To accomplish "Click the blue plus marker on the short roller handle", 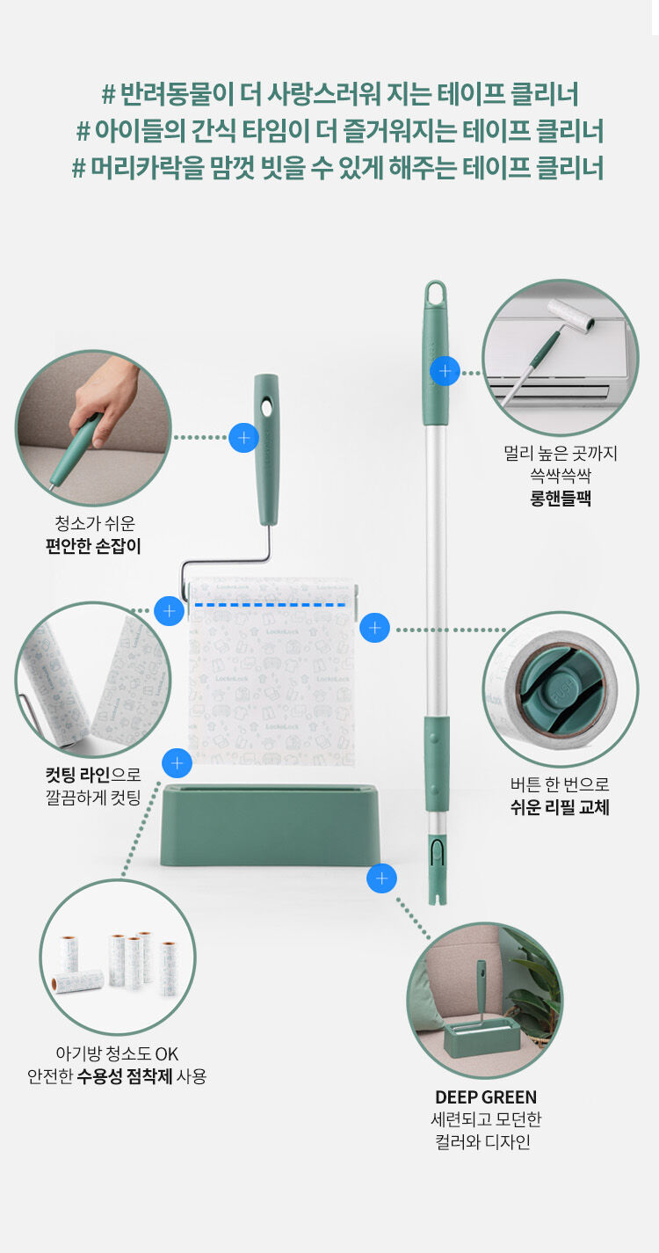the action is [x=243, y=437].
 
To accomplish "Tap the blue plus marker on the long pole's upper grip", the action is [x=445, y=371].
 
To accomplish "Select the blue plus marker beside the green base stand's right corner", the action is [x=381, y=878].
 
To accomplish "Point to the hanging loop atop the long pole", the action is [x=436, y=293].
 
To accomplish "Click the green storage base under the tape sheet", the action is [x=271, y=825].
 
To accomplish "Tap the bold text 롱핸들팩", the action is [x=560, y=498].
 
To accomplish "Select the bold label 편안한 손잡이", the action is [x=93, y=546].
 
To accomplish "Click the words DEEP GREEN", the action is [x=486, y=1097].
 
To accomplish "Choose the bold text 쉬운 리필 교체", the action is [x=560, y=807].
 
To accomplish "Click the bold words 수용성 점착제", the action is [x=124, y=1075].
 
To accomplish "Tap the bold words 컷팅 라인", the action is [x=77, y=775].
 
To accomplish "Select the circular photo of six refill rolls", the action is [x=118, y=957].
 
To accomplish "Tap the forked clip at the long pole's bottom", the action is [x=438, y=871].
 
